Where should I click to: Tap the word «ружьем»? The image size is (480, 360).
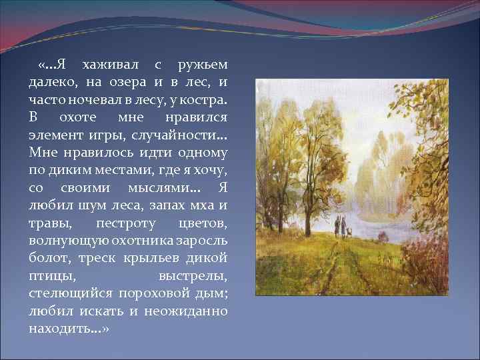click(203, 65)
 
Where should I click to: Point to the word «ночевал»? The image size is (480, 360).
click(97, 100)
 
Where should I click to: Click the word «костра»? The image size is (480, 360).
click(205, 100)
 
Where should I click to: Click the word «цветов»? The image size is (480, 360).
click(203, 221)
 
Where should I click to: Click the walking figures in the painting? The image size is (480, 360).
click(341, 227)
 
